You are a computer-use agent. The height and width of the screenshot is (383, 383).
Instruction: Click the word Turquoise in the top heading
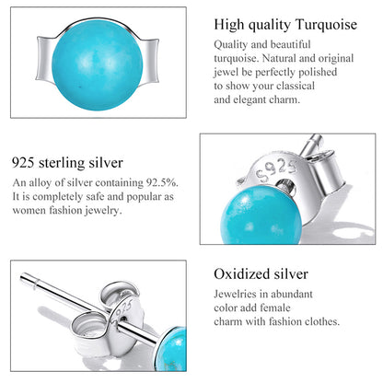coord(326,25)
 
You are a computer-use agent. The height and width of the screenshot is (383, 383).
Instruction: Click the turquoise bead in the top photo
coord(98,64)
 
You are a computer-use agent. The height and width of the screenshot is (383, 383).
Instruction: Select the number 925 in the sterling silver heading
coord(23,163)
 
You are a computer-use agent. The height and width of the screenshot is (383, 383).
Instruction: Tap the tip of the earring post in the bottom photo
coord(22,278)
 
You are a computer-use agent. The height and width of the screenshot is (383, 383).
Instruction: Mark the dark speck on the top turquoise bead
coord(81,87)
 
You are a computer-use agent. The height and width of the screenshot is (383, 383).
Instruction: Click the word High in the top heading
coord(229,25)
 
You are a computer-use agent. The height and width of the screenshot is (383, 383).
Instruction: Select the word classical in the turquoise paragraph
coord(296,86)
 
